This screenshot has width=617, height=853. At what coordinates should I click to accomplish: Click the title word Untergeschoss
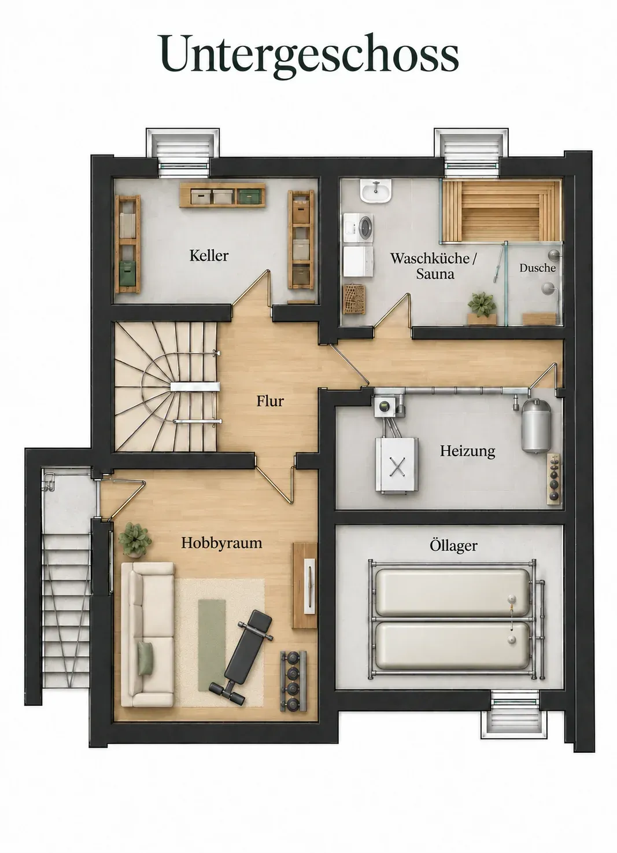click(x=309, y=56)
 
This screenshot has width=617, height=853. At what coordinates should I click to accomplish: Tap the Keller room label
click(x=209, y=256)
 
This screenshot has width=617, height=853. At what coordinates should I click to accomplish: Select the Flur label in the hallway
click(x=270, y=401)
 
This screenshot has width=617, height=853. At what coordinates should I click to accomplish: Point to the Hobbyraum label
click(x=221, y=543)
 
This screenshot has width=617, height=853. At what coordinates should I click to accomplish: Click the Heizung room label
click(x=467, y=451)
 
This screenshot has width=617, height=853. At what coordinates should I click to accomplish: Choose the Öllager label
click(x=453, y=546)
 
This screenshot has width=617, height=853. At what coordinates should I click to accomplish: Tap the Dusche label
click(x=537, y=268)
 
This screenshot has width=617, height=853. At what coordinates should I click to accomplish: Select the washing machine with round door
click(x=359, y=229)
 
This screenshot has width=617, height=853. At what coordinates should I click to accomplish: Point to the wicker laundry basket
click(x=354, y=299)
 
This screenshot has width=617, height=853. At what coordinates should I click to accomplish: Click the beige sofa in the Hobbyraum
click(x=147, y=634)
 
